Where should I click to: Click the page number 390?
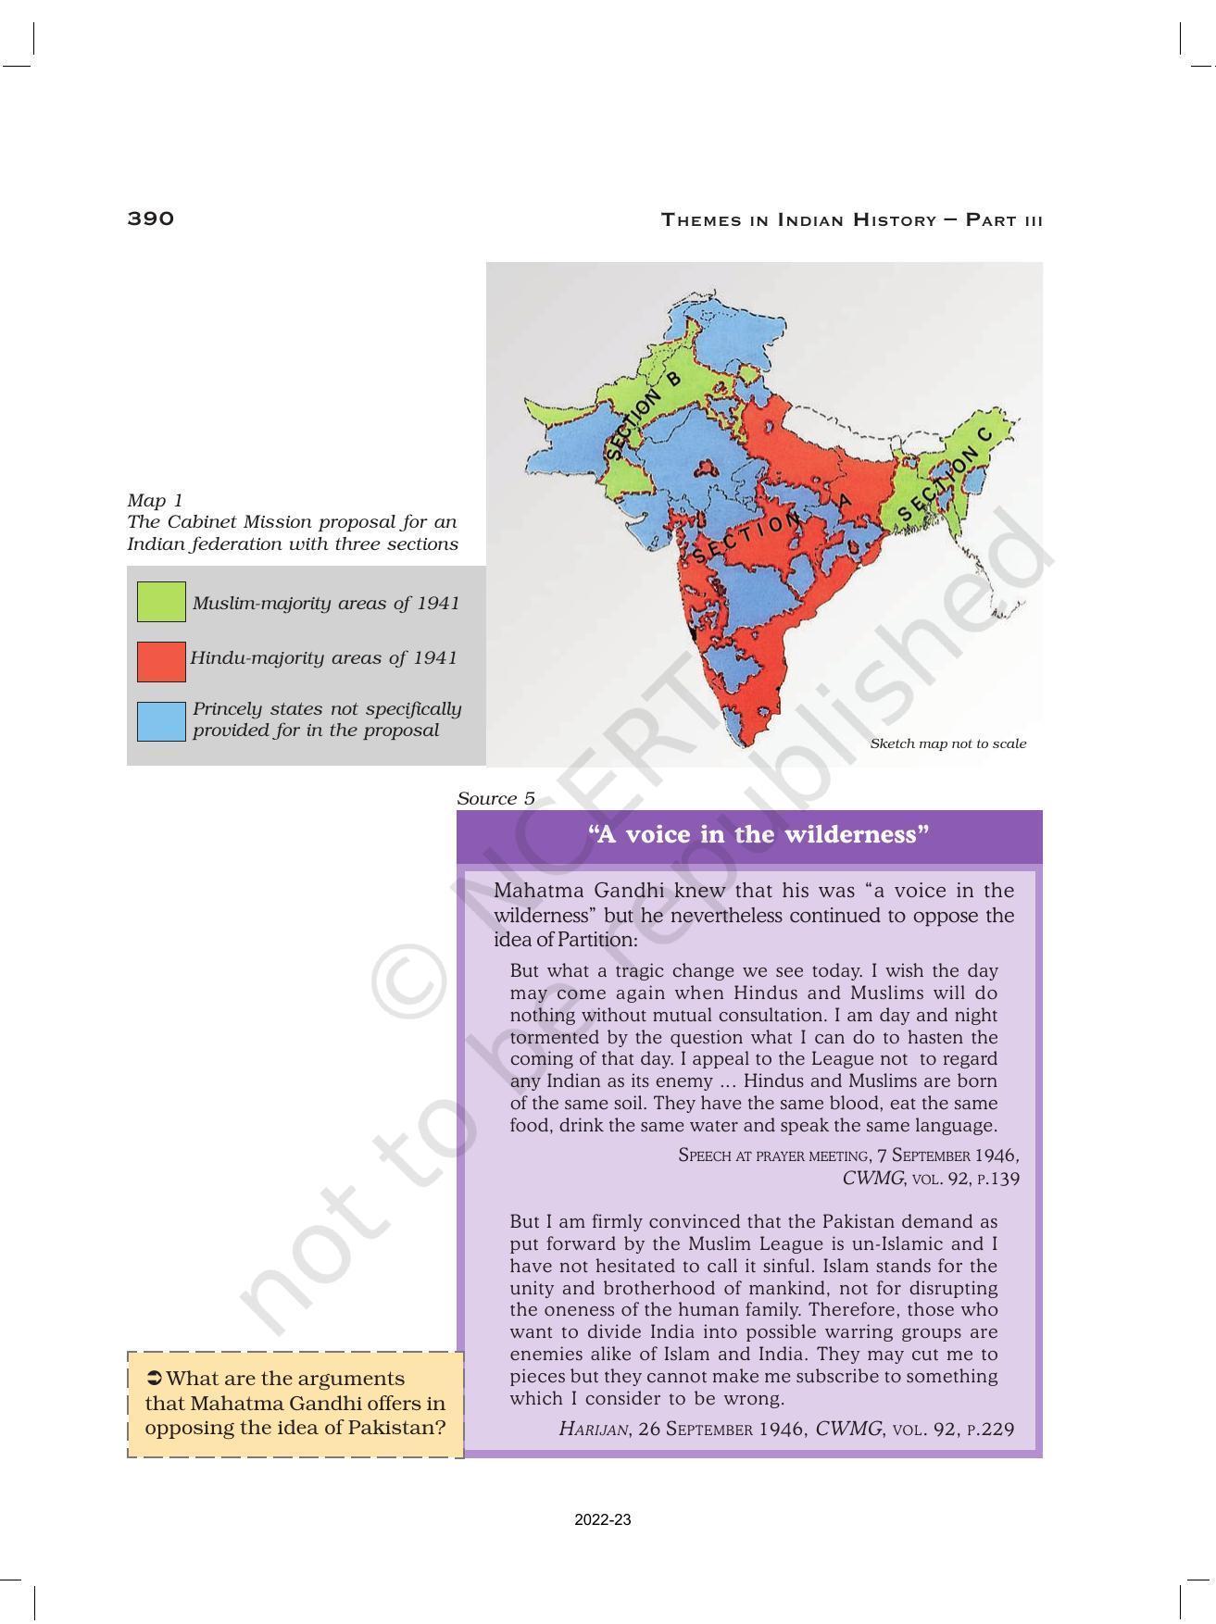point(150,219)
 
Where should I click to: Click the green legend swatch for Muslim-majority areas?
point(161,602)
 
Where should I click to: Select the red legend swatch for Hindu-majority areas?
point(161,661)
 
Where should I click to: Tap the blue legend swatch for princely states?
point(161,721)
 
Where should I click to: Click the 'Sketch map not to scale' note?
point(947,743)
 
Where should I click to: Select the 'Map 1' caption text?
point(155,501)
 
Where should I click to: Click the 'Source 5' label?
point(495,798)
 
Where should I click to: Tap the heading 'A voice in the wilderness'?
point(758,835)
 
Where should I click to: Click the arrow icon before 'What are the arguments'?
point(155,1379)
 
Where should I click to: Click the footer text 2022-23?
point(602,1520)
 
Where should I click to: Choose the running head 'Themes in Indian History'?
point(798,220)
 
